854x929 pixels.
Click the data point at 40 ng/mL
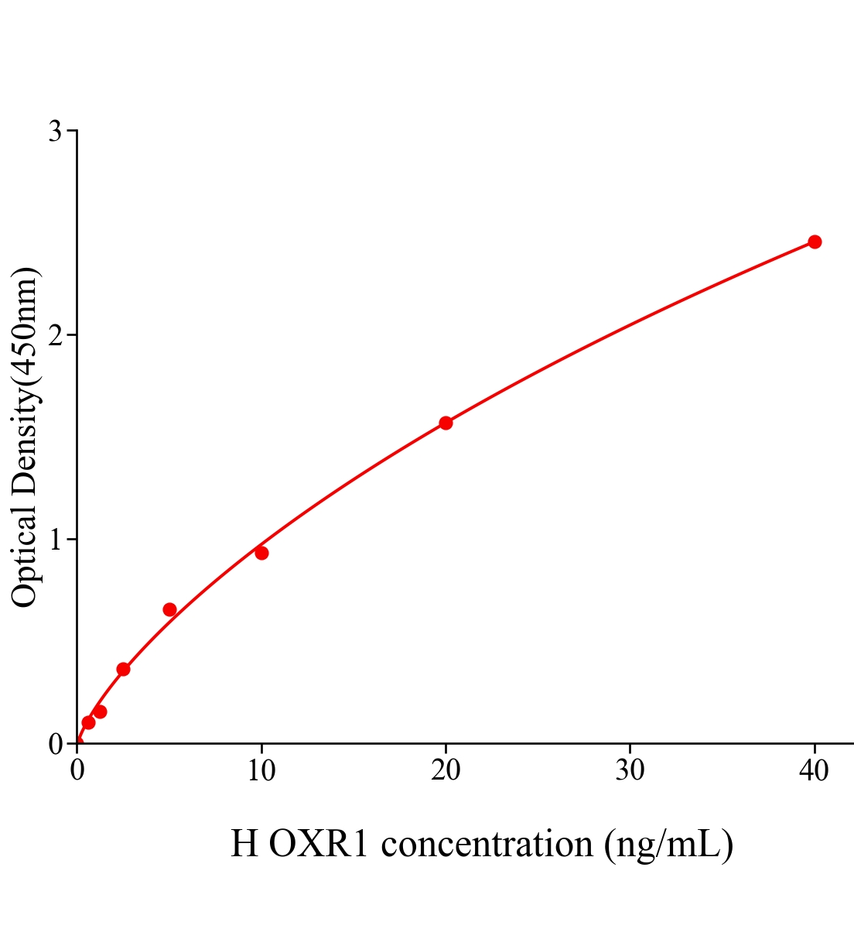(x=815, y=242)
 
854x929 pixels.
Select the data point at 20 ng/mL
(x=446, y=423)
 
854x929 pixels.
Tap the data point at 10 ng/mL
(x=261, y=553)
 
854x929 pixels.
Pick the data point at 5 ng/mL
(x=169, y=609)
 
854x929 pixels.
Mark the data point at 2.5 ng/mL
(x=123, y=669)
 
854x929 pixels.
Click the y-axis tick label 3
(x=55, y=132)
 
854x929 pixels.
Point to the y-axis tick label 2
(x=55, y=335)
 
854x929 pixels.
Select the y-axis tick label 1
(x=55, y=540)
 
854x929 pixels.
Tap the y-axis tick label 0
(x=55, y=744)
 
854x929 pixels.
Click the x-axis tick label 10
(x=261, y=771)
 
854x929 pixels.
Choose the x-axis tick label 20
(x=446, y=771)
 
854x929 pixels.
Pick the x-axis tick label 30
(x=630, y=771)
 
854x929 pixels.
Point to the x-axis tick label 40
(x=814, y=771)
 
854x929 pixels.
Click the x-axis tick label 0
(x=77, y=771)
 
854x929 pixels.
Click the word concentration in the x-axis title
(x=487, y=844)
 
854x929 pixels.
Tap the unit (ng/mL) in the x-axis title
(x=668, y=844)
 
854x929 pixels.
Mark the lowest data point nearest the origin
(x=88, y=722)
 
